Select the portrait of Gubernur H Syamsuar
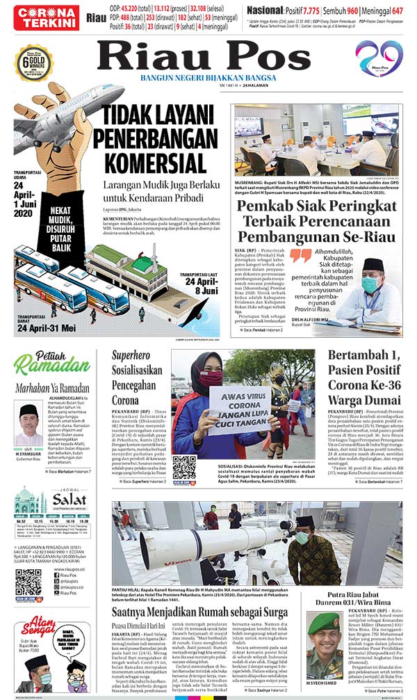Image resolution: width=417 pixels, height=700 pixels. pyautogui.click(x=28, y=425)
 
